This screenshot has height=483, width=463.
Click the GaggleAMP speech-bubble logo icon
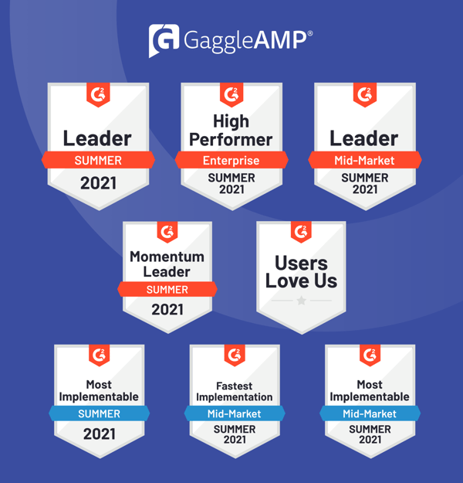point(164,40)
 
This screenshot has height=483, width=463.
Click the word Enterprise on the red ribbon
point(231,161)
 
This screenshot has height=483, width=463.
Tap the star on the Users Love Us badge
point(302,300)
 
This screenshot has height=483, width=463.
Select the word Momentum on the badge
point(167,257)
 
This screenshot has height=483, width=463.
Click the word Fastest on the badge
point(235,386)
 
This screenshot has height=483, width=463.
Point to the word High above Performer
point(231,121)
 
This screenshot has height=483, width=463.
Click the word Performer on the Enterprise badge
point(231,140)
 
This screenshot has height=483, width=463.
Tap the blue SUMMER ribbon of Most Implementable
point(99,413)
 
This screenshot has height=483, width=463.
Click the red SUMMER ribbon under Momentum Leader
point(167,289)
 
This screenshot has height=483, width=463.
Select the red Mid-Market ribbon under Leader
point(365,160)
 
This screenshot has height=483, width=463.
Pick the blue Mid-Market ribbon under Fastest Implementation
point(235,413)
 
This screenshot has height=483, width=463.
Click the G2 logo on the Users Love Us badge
point(301,232)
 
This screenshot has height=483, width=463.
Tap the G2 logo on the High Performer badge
point(231,94)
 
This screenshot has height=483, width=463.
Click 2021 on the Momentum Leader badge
point(167,309)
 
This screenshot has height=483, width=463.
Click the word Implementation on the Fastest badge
point(235,397)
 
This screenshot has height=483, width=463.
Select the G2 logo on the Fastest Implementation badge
point(235,355)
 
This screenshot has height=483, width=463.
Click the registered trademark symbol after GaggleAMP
point(310,33)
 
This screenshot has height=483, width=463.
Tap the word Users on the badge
point(302,264)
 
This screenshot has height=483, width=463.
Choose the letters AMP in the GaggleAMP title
point(280,40)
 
